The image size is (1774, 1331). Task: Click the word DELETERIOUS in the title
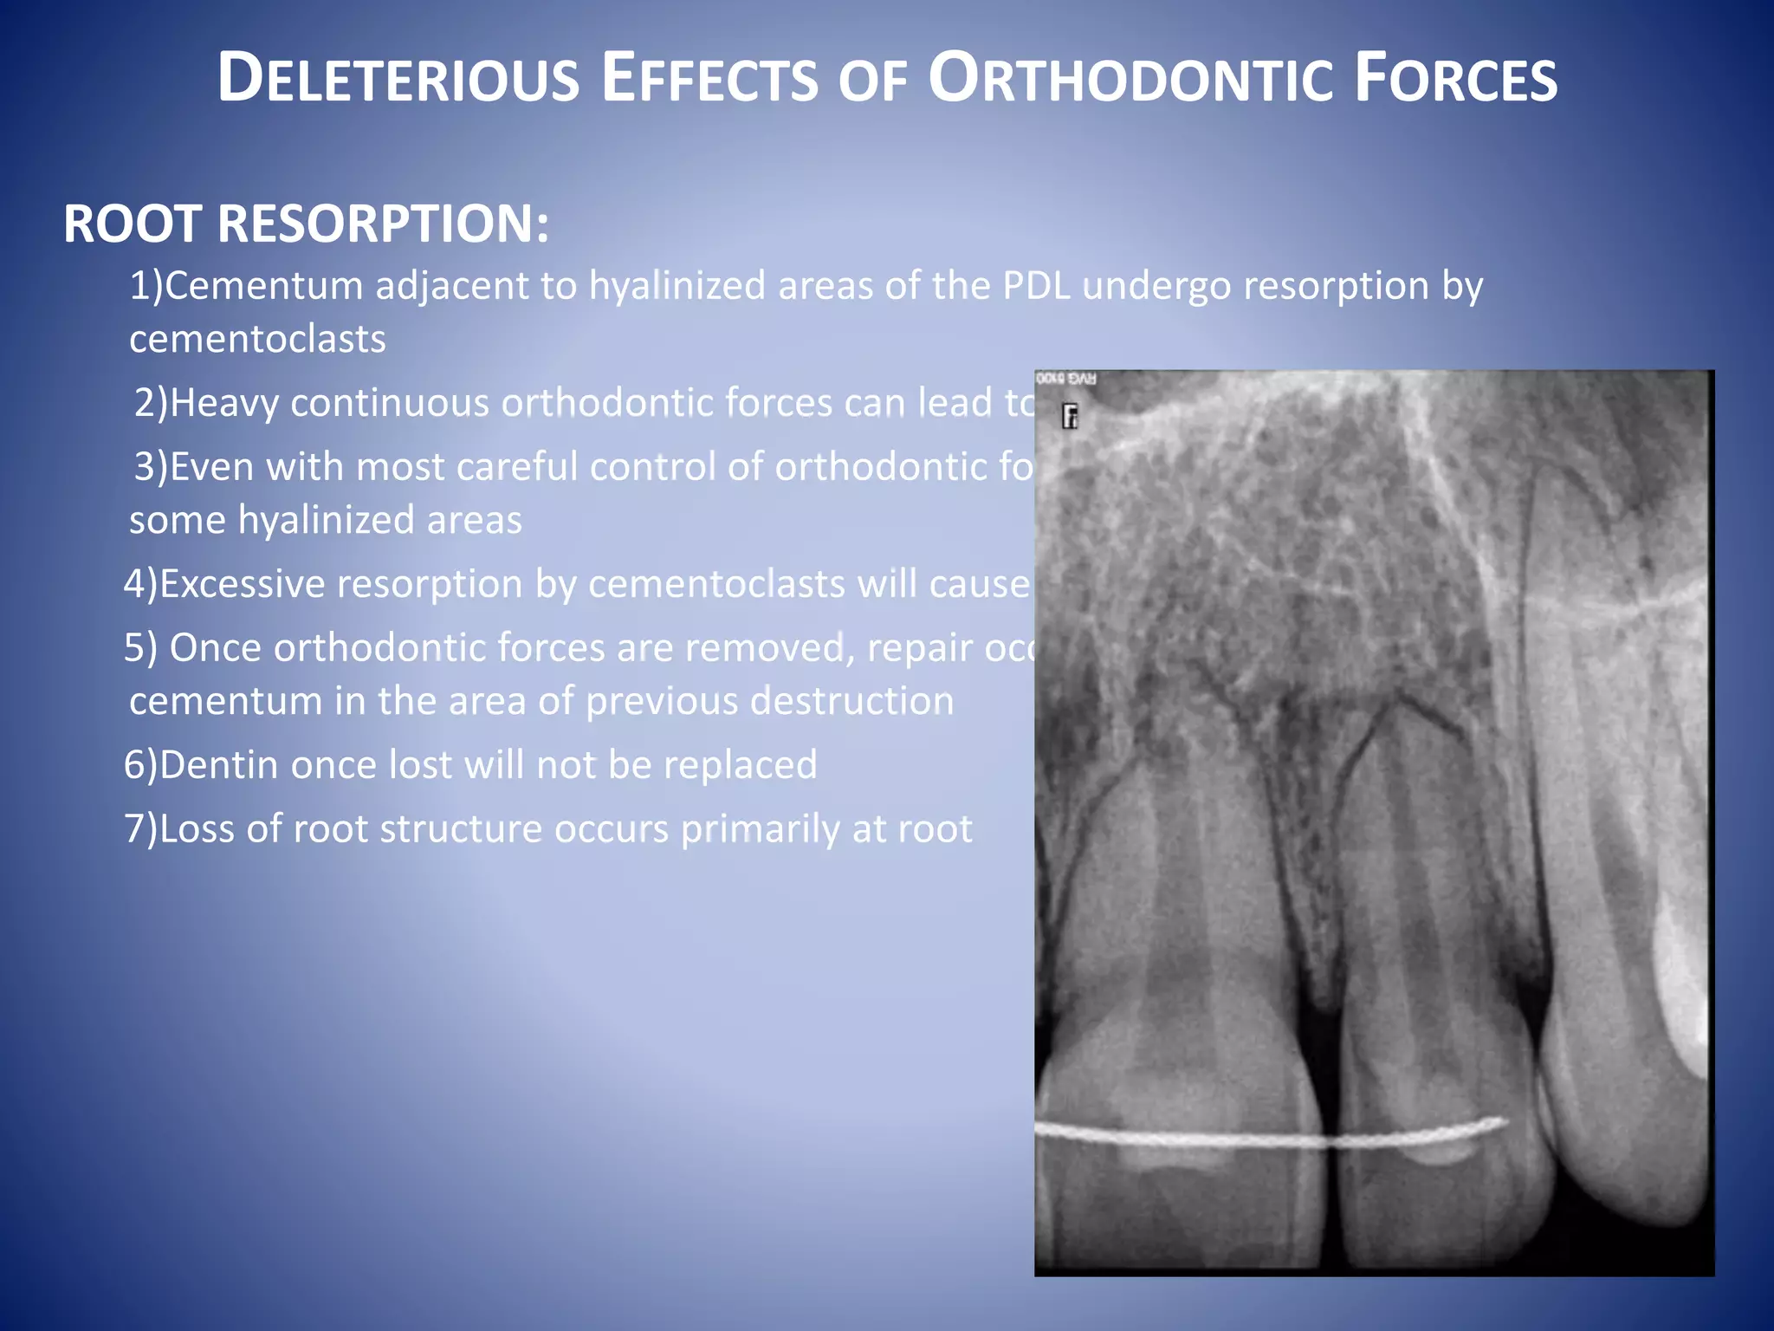point(398,79)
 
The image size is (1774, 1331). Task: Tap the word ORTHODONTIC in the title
point(1130,79)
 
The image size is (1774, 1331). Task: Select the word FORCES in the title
point(1455,79)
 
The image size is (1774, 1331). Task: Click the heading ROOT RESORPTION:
point(306,224)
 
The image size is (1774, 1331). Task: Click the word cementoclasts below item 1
point(257,339)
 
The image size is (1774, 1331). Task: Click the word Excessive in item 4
point(243,584)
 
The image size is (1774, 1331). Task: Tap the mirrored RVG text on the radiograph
point(1066,379)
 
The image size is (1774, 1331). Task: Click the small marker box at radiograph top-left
point(1071,417)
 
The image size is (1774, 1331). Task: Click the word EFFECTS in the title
point(709,79)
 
